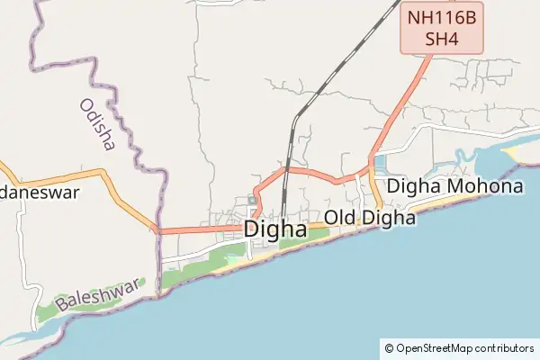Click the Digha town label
click(274, 229)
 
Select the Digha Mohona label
click(454, 187)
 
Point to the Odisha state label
click(96, 124)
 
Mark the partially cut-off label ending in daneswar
click(40, 193)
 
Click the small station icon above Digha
click(252, 199)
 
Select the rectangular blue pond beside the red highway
click(378, 164)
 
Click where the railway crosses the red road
click(287, 168)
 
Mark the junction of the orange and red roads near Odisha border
click(157, 229)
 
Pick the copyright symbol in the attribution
click(389, 348)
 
